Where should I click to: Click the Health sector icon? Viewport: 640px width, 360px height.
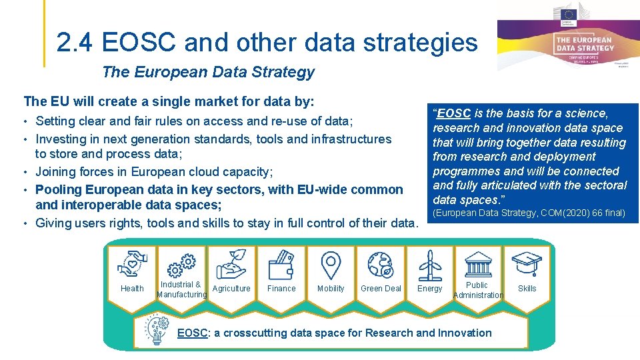click(132, 264)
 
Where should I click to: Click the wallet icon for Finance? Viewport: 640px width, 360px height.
click(281, 266)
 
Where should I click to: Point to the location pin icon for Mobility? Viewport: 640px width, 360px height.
click(331, 265)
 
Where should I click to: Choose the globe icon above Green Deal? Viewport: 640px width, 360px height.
click(381, 264)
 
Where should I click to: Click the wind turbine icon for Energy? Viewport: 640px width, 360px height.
click(430, 265)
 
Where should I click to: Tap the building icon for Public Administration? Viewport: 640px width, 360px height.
click(478, 264)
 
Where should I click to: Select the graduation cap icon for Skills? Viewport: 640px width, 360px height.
click(527, 264)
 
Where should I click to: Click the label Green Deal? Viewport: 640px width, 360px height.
click(381, 289)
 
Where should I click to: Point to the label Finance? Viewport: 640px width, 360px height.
click(281, 289)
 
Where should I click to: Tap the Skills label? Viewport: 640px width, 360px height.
click(527, 289)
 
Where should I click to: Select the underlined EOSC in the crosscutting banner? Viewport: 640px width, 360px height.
click(192, 333)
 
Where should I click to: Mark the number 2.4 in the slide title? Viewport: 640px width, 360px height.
click(75, 43)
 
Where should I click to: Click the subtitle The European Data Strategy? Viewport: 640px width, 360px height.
click(208, 72)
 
